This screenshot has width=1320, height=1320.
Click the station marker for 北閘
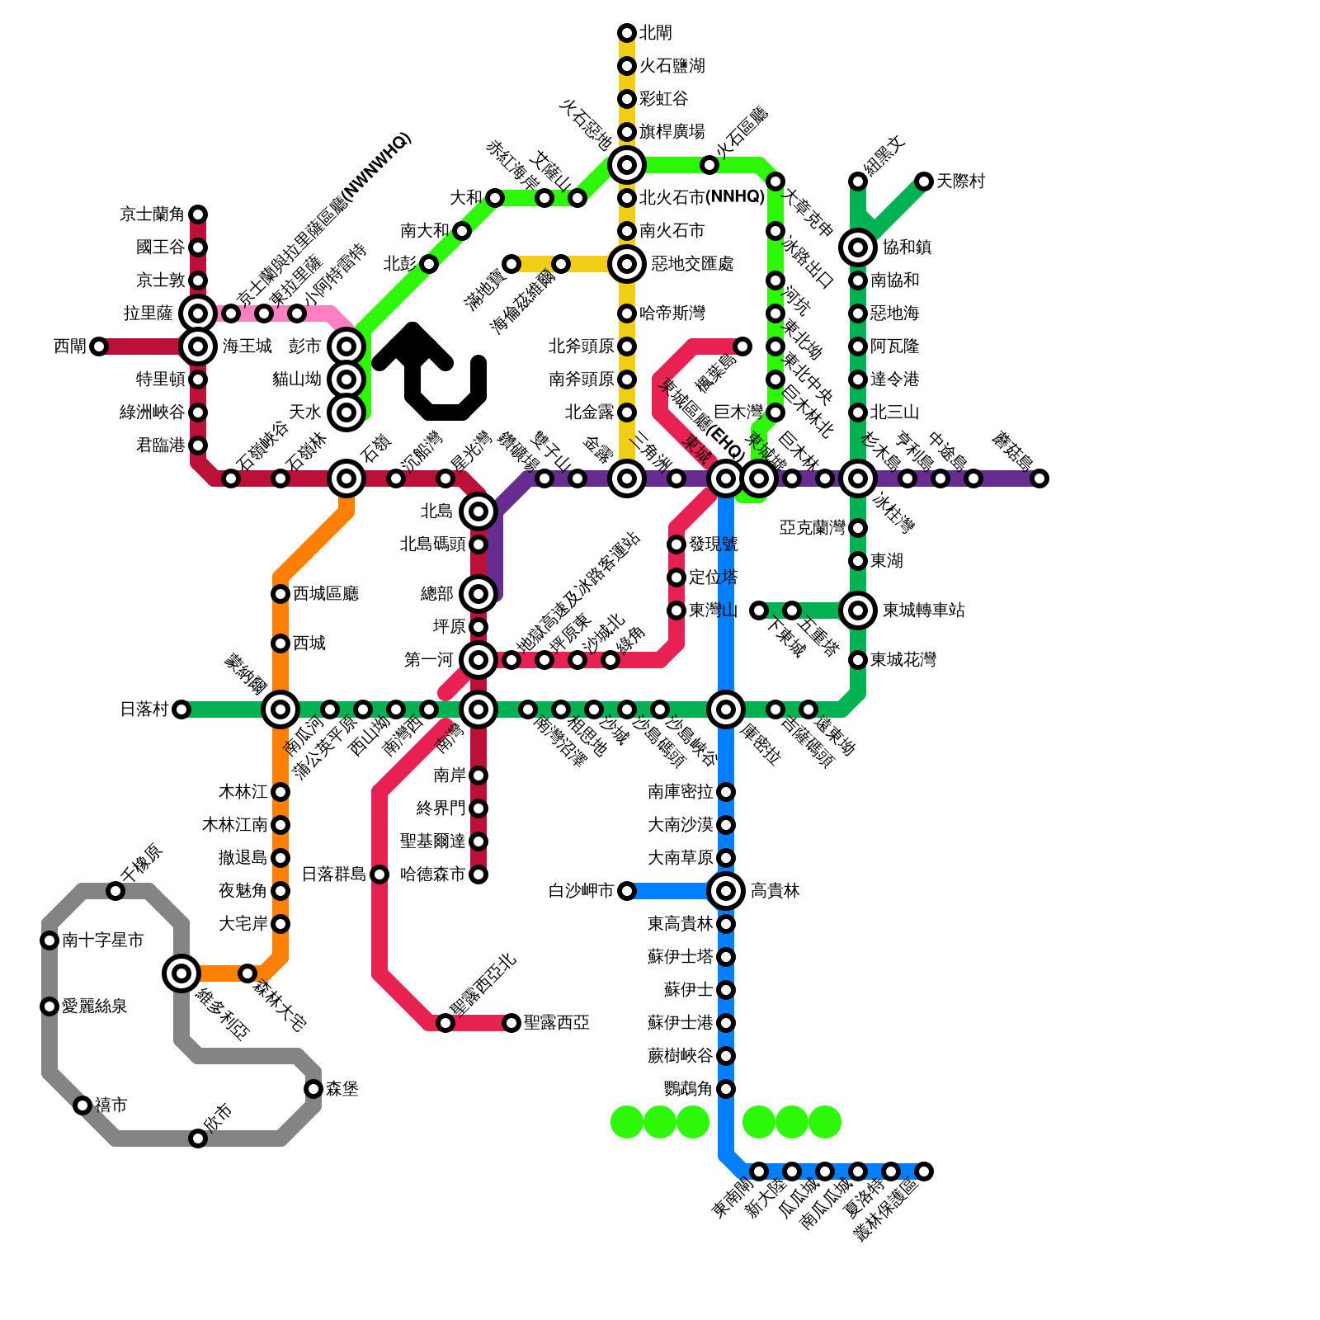click(627, 33)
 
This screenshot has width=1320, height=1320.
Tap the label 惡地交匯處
click(692, 264)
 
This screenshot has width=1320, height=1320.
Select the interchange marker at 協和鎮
click(858, 247)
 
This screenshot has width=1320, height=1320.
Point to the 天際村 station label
click(960, 181)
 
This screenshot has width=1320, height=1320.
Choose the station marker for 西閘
click(99, 346)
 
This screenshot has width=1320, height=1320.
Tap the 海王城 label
click(247, 346)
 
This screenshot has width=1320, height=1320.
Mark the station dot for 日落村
click(181, 709)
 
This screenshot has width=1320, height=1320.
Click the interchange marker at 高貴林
click(726, 891)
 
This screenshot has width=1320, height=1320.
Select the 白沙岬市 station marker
click(627, 891)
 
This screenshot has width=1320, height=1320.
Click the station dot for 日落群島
click(379, 874)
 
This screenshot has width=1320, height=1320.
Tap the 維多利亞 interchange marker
click(181, 973)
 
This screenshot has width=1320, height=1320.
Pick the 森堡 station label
click(342, 1089)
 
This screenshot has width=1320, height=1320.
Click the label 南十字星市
click(102, 940)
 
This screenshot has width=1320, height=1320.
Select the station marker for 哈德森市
click(478, 874)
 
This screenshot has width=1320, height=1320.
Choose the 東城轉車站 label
click(923, 610)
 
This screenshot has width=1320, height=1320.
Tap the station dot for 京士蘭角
click(198, 214)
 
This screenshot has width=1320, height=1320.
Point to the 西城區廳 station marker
click(280, 594)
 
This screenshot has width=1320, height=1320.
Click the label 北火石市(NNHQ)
click(702, 198)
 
